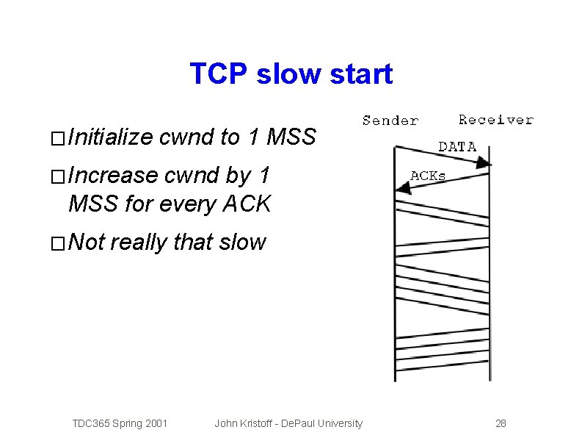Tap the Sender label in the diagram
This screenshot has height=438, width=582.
tap(390, 121)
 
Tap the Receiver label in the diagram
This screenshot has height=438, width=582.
tap(496, 120)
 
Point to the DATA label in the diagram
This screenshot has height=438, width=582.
tap(457, 147)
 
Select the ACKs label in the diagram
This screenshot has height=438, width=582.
tap(428, 176)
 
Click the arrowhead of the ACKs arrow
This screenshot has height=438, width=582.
tap(401, 189)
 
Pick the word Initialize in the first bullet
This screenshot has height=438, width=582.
tap(110, 137)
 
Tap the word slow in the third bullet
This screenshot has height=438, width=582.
tap(241, 242)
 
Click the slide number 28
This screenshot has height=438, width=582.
tap(501, 423)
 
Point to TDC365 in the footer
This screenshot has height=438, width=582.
tap(90, 423)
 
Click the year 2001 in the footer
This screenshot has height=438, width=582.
tap(156, 423)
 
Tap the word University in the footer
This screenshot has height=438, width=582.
tap(339, 423)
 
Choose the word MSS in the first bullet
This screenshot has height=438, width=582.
tap(291, 137)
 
